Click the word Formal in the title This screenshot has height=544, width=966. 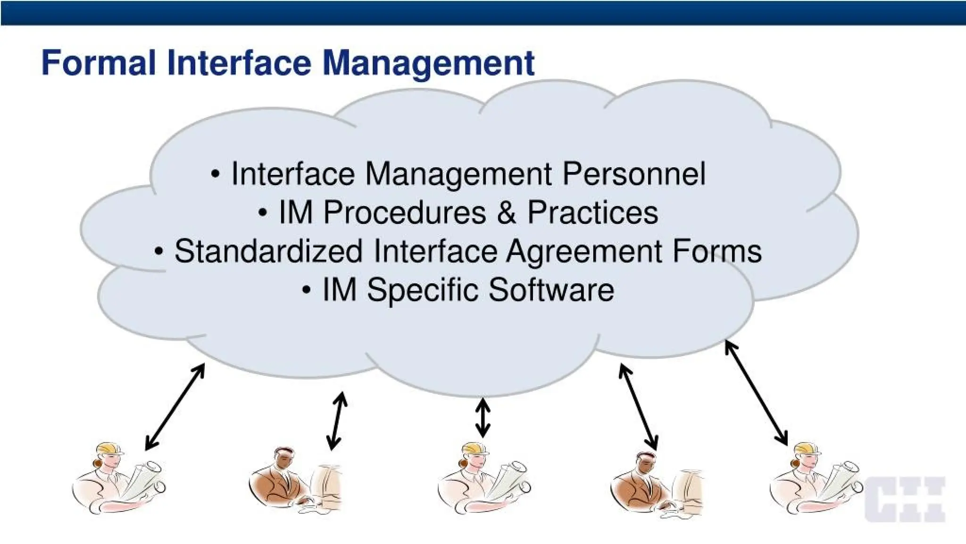pos(98,63)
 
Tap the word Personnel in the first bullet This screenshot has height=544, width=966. pos(634,174)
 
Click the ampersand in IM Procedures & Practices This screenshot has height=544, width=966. pos(506,212)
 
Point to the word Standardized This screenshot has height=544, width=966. pos(268,251)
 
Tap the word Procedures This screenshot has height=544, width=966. pos(405,212)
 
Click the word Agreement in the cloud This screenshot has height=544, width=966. pos(584,252)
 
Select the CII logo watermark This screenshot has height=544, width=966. pos(905,499)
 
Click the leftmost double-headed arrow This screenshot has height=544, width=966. pos(175,407)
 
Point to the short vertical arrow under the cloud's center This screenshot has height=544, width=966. pos(483,417)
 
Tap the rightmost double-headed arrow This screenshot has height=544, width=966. pos(756,393)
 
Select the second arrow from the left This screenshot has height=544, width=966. pos(337,420)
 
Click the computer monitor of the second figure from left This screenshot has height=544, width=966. pos(325,486)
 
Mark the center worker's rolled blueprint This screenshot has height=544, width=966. pos(509,477)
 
